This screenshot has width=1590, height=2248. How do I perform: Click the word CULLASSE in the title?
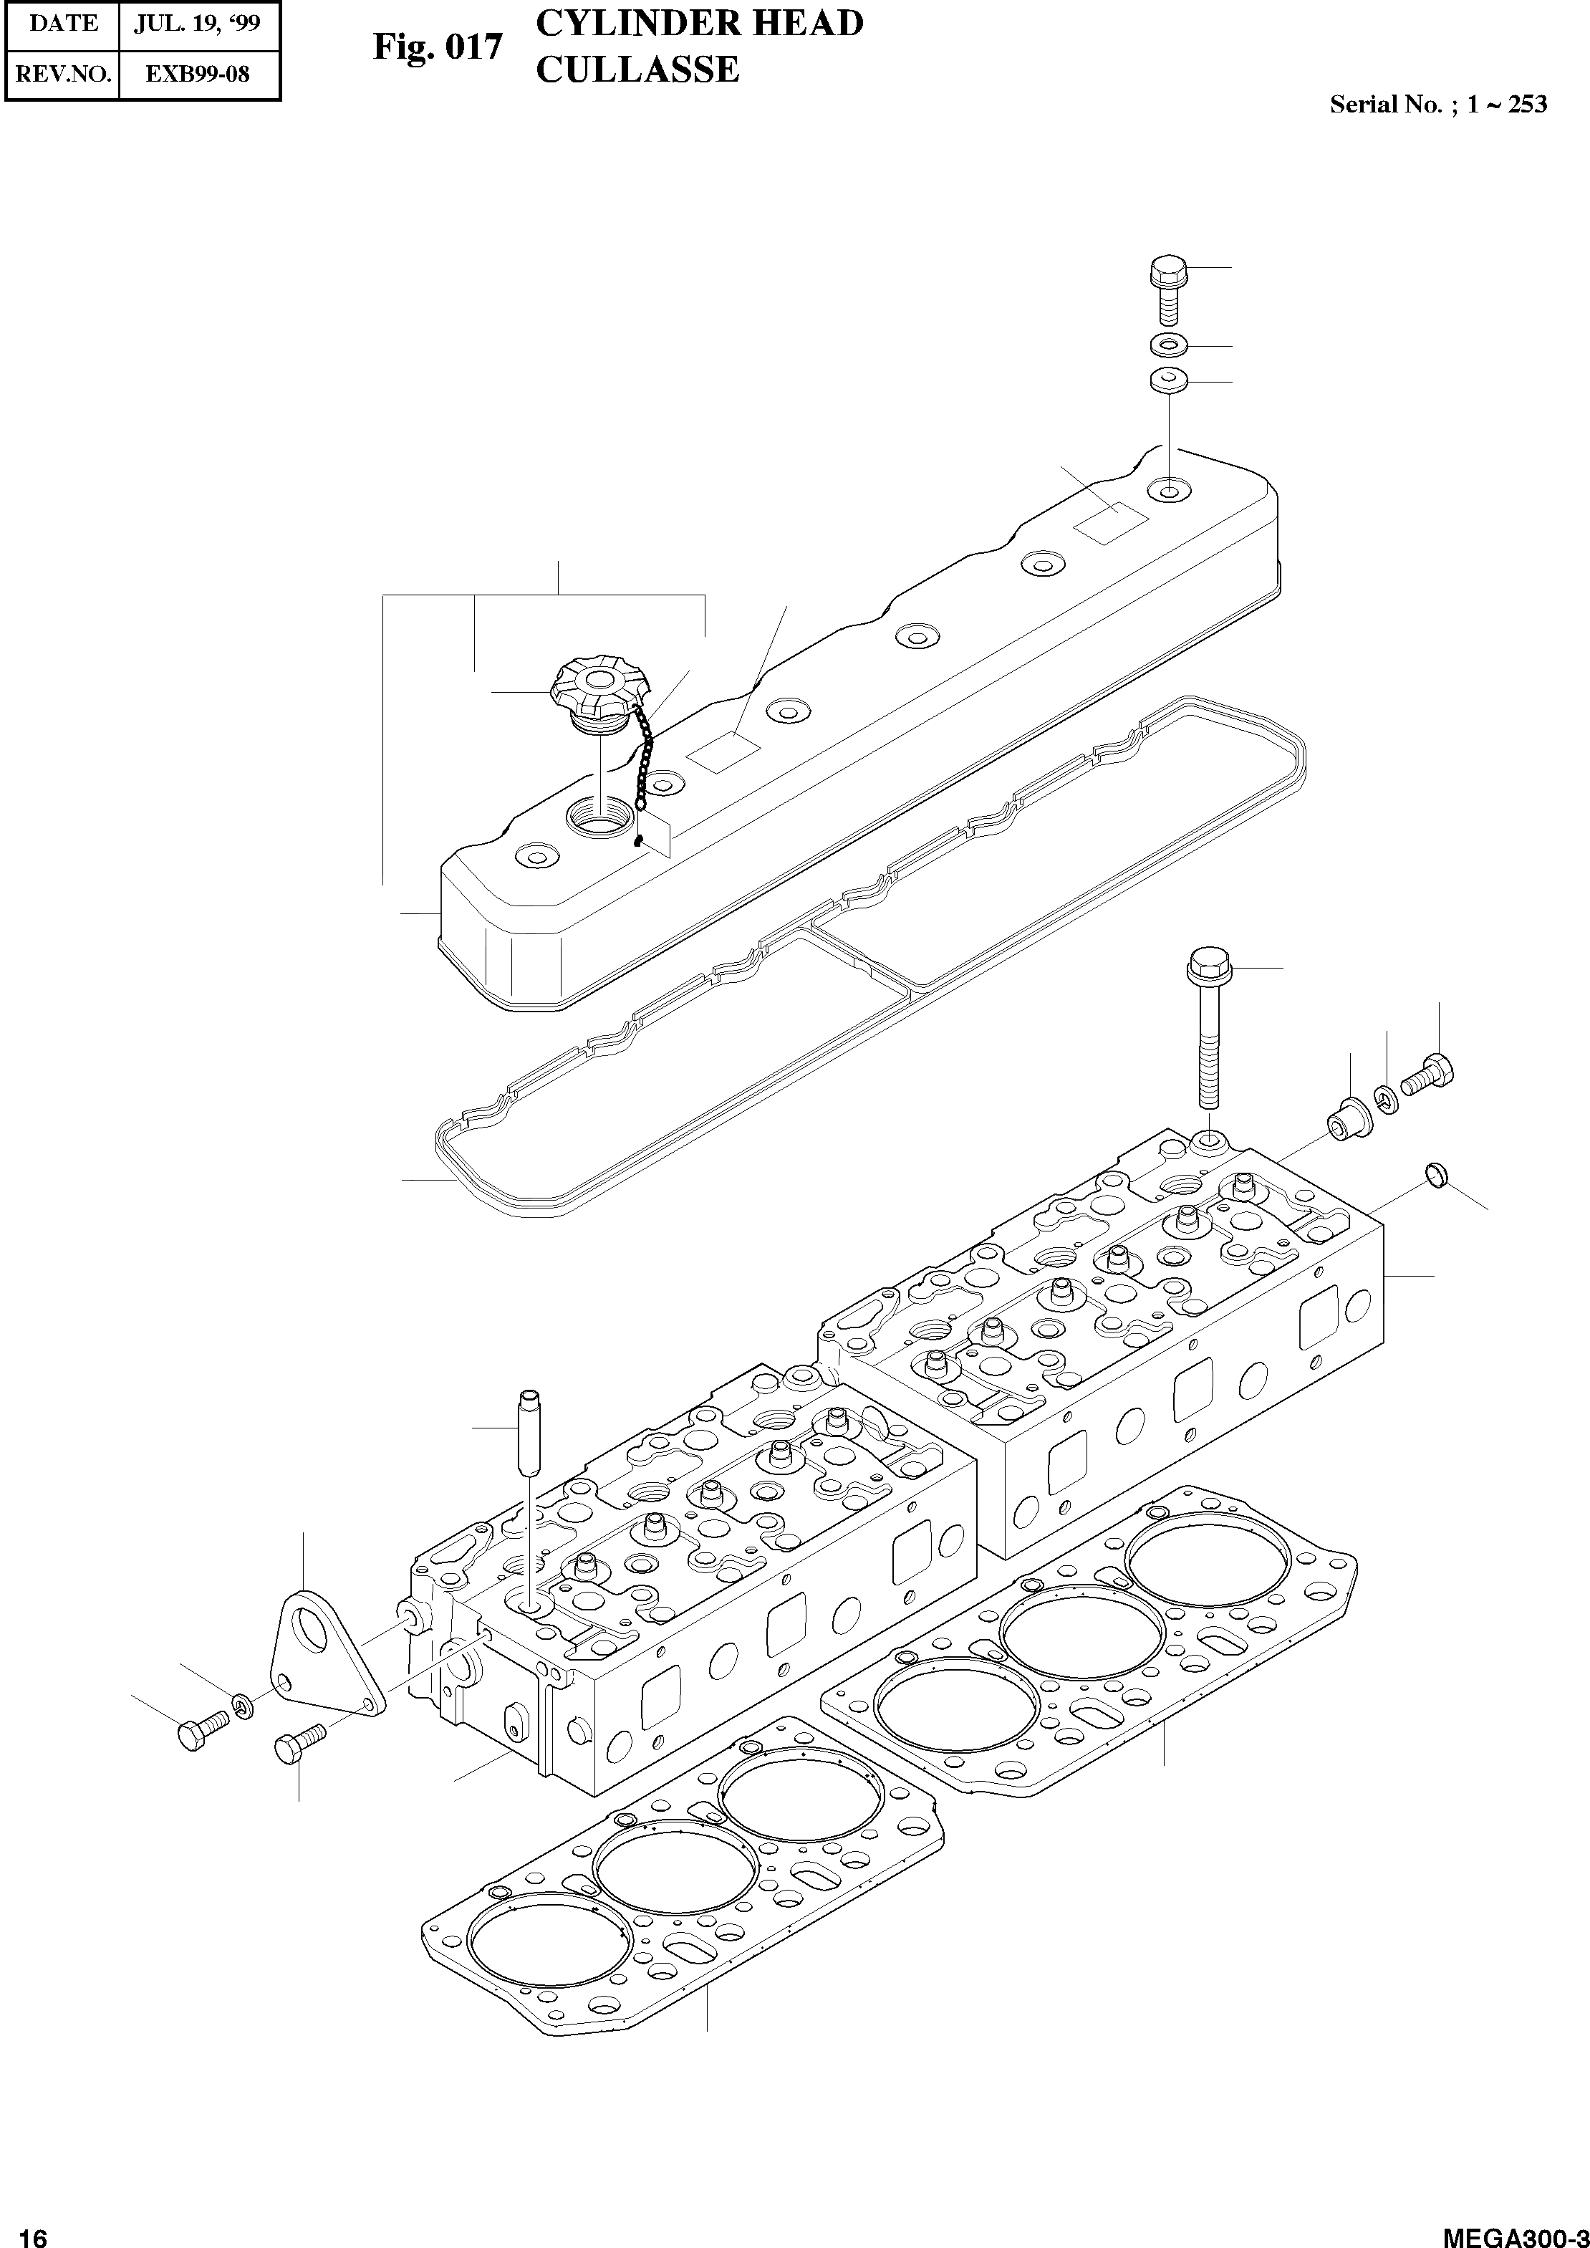(x=637, y=70)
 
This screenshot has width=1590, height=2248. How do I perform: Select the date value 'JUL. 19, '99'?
(x=199, y=24)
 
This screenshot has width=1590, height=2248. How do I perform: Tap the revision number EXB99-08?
(x=199, y=74)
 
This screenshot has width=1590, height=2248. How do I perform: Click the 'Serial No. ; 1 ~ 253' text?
(x=1437, y=105)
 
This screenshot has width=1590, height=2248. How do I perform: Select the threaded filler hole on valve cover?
(x=598, y=815)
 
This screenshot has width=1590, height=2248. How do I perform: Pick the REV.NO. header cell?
(x=61, y=74)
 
